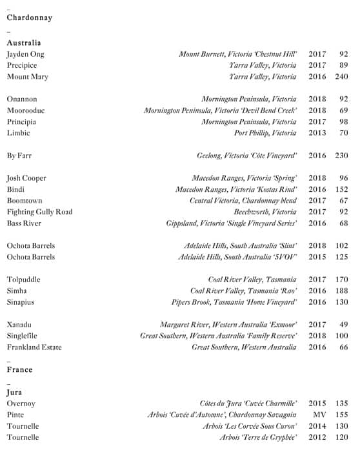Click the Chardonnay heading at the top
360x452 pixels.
tap(29, 18)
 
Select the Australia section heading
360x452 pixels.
tap(24, 43)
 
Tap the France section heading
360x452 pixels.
tap(19, 370)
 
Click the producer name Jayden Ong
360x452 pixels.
tap(26, 54)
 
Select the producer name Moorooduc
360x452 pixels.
tap(26, 110)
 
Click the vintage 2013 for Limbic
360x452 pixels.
tap(317, 133)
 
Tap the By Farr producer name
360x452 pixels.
tap(19, 156)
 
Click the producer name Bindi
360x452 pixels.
tap(15, 189)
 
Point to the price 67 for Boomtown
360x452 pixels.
tap(343, 201)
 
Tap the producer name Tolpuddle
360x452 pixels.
tap(24, 280)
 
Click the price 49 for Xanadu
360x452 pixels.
tap(343, 325)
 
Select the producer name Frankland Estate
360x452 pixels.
tap(34, 347)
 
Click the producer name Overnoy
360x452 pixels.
tap(21, 404)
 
